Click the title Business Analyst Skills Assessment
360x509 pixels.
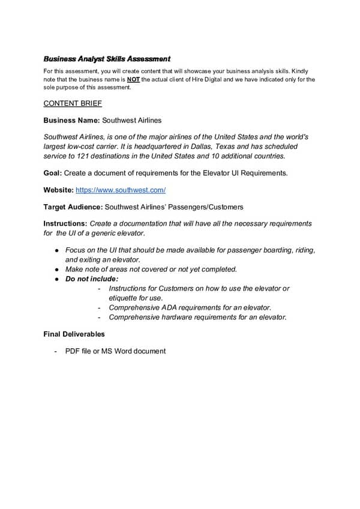107,59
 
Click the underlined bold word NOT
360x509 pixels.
134,79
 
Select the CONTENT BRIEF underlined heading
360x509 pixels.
68,103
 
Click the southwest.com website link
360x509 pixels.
121,190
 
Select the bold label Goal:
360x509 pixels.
54,173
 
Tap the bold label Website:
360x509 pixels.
58,190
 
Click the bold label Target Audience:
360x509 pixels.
73,207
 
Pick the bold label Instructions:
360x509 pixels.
65,224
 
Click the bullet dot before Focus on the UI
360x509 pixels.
56,250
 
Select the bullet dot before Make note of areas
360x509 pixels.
56,269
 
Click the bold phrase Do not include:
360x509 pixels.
92,279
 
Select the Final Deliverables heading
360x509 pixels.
74,334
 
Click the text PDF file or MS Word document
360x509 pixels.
115,351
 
